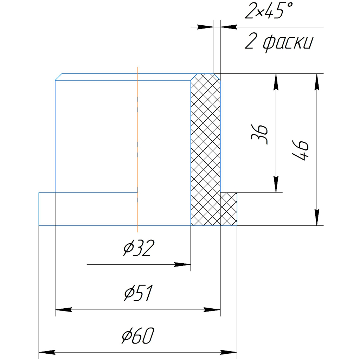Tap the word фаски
point(288,43)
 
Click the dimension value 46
point(302,150)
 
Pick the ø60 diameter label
point(138,337)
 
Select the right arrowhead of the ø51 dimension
point(213,310)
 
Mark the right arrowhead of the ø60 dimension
point(230,352)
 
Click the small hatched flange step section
point(229,209)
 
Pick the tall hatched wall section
point(205,148)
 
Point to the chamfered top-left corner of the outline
point(59,77)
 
